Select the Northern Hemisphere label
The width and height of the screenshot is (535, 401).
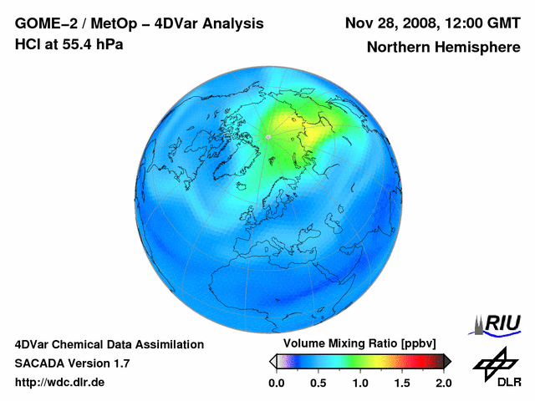(443, 48)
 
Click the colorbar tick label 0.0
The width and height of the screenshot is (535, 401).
(276, 383)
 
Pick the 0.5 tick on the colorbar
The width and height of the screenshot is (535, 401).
(318, 383)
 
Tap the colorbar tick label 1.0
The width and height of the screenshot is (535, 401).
(360, 383)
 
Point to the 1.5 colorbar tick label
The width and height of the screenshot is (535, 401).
(402, 383)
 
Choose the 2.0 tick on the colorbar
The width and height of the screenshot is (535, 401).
(443, 383)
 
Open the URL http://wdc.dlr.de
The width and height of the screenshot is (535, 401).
(60, 383)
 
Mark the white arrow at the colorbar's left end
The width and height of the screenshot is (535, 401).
(273, 361)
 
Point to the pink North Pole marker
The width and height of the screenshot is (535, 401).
(268, 135)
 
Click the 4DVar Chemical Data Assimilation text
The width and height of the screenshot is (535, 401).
(110, 344)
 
